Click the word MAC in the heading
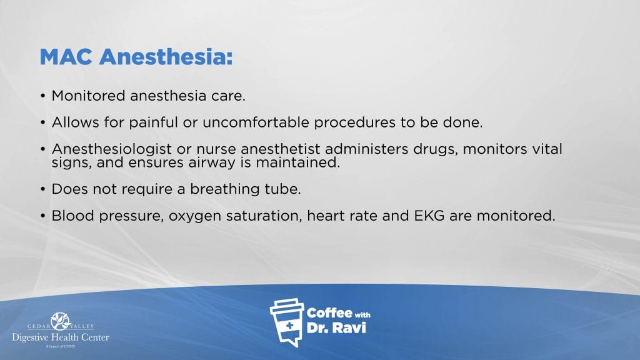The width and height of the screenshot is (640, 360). coord(66,57)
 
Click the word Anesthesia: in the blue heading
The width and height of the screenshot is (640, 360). coord(166,57)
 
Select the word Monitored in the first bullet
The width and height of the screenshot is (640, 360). coord(88,96)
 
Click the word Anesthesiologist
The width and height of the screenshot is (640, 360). coord(111,149)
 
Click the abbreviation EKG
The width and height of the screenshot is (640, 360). coord(429,216)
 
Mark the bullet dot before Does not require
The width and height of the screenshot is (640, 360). coord(43,189)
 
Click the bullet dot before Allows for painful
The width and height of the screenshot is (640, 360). coord(43,122)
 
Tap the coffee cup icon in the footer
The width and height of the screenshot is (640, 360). coord(287,322)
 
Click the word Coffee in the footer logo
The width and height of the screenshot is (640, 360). coord(329,313)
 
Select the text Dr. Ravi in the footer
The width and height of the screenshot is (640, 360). coord(336,327)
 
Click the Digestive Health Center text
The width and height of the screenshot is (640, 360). coord(61,337)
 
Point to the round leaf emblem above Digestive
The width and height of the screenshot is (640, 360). coord(61,321)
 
